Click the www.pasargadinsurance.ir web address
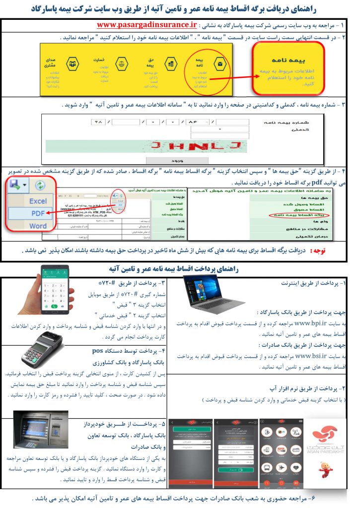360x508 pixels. (147, 24)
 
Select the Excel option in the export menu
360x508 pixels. (38, 201)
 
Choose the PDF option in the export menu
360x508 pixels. (38, 214)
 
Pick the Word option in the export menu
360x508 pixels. (38, 226)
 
